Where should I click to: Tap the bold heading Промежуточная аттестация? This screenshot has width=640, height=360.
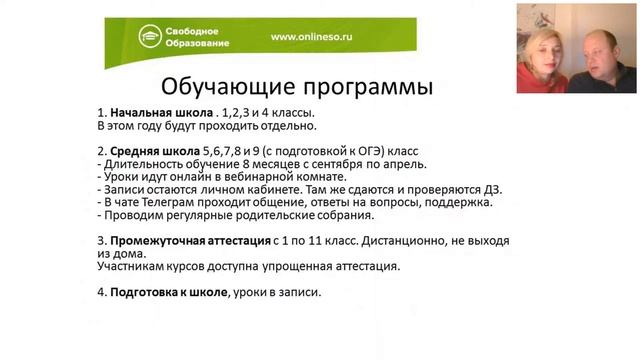[190, 241]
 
